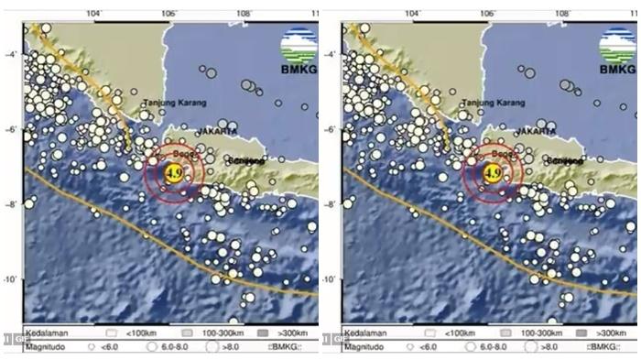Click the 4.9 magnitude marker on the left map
point(173,171)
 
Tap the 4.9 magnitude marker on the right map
point(492,171)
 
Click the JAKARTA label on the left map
point(217,132)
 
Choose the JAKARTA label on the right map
point(536,132)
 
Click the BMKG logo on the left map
point(299,50)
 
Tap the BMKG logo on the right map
point(618,50)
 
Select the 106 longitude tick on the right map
point(486,14)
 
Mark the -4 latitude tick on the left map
point(12,54)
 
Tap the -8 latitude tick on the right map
point(331,204)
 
